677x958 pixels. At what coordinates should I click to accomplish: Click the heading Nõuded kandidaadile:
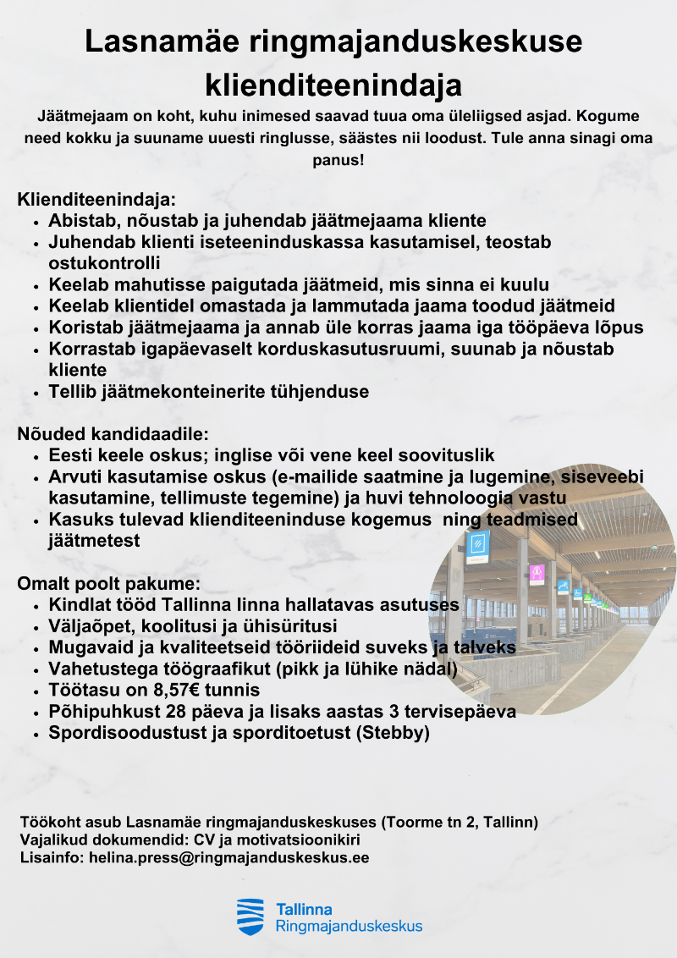pyautogui.click(x=113, y=435)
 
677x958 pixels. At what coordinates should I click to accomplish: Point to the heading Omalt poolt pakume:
pyautogui.click(x=108, y=585)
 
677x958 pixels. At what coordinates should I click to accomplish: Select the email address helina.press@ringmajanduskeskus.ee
pyautogui.click(x=228, y=857)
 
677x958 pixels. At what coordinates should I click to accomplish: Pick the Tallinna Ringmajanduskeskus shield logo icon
pyautogui.click(x=250, y=917)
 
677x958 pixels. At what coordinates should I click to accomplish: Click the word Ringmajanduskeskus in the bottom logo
pyautogui.click(x=349, y=927)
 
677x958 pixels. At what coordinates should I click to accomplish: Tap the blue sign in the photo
pyautogui.click(x=478, y=546)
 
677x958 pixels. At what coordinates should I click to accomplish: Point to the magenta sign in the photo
pyautogui.click(x=537, y=573)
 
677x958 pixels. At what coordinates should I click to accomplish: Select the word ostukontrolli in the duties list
pyautogui.click(x=105, y=263)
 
